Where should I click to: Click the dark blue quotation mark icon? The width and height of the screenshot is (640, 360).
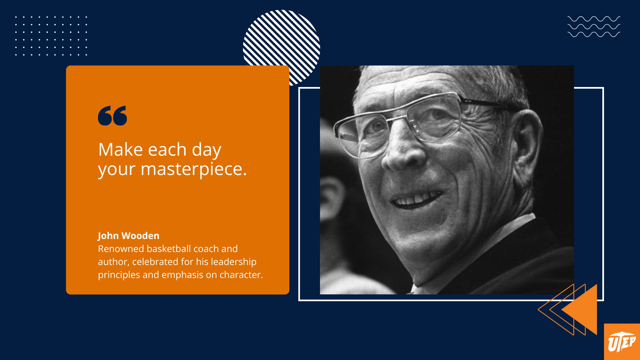pyautogui.click(x=112, y=116)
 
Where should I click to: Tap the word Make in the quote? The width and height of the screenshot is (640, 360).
pyautogui.click(x=120, y=150)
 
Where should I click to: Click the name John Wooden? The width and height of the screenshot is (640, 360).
pyautogui.click(x=128, y=236)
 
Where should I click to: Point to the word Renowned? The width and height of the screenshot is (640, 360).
pyautogui.click(x=121, y=249)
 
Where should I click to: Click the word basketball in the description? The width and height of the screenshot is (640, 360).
pyautogui.click(x=168, y=249)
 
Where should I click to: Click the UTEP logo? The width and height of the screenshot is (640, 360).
pyautogui.click(x=622, y=342)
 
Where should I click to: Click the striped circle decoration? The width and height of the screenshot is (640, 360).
pyautogui.click(x=281, y=43)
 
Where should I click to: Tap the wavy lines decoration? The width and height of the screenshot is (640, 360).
pyautogui.click(x=594, y=26)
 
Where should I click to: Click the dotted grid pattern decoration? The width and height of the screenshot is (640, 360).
pyautogui.click(x=51, y=36)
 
